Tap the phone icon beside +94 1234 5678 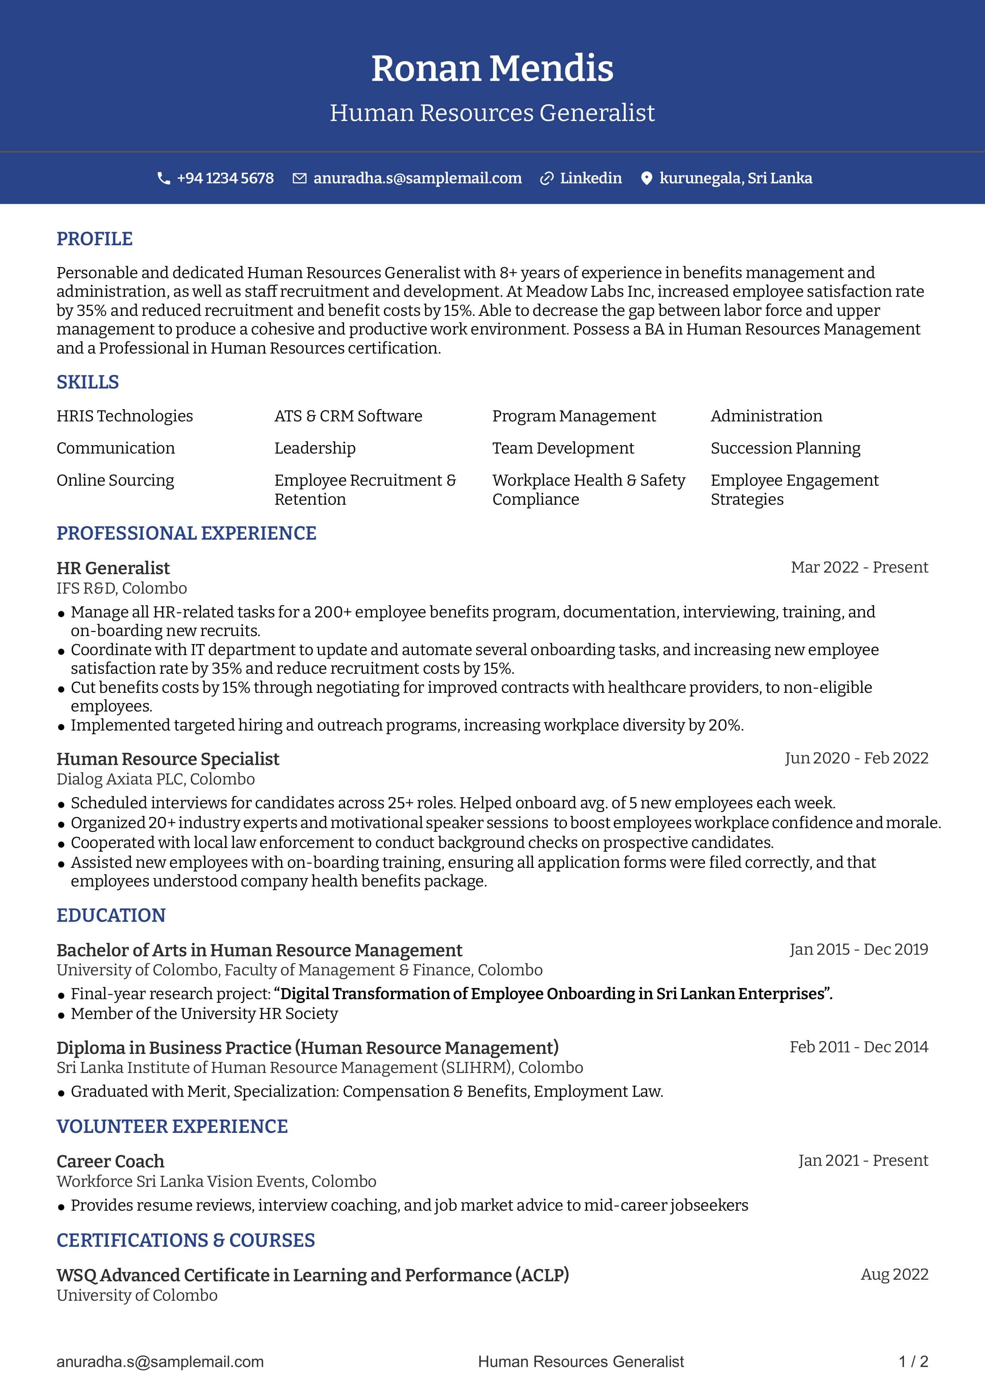click(163, 178)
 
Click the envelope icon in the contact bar click(300, 178)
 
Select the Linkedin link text click(590, 178)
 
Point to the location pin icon click(647, 178)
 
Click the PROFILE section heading click(94, 239)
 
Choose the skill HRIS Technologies click(124, 416)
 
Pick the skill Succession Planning click(785, 448)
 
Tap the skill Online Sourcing click(115, 480)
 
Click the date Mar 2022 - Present click(859, 567)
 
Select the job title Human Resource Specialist click(168, 759)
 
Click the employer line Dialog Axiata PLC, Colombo click(155, 779)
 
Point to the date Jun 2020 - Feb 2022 click(856, 758)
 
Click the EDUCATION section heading click(111, 915)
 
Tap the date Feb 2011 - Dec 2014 click(858, 1047)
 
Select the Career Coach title click(110, 1161)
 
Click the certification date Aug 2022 click(894, 1275)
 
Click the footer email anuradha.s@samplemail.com click(160, 1362)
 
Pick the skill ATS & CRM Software click(348, 416)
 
